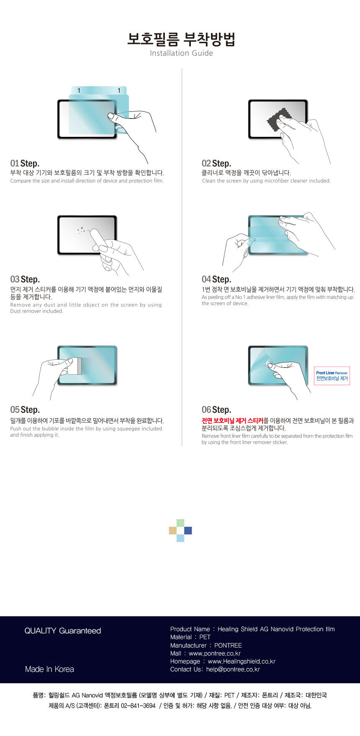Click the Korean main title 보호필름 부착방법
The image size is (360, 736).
click(181, 39)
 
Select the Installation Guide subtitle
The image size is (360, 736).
click(181, 53)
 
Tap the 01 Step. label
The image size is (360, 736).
click(25, 163)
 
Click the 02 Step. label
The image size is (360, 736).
click(216, 163)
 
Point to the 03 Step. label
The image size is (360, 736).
click(25, 279)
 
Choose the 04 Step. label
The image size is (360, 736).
click(216, 279)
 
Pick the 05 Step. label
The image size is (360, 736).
click(25, 410)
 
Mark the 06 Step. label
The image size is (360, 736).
click(216, 410)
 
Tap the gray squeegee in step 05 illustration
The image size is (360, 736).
click(75, 366)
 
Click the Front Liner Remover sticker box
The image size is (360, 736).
click(332, 376)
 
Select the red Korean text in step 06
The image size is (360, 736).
click(232, 421)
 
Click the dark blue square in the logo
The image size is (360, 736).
click(188, 530)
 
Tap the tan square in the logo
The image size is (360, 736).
click(173, 530)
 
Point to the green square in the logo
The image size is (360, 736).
click(180, 523)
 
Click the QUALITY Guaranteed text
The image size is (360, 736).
click(63, 631)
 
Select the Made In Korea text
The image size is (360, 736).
click(49, 669)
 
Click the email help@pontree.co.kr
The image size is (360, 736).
click(233, 669)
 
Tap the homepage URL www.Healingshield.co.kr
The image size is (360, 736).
click(242, 661)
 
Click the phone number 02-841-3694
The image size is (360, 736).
click(138, 705)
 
